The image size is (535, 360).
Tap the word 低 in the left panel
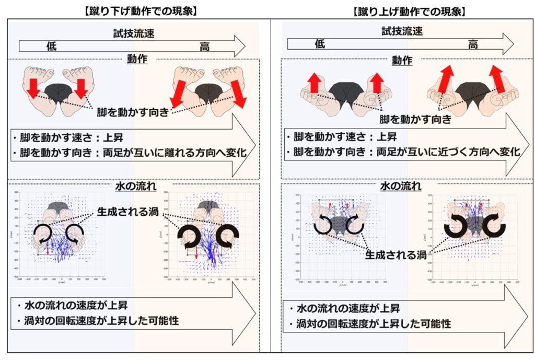53,47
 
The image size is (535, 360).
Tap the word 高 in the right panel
472,44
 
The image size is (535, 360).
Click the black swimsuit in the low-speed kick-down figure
57,92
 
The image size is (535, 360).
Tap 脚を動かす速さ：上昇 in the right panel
341,137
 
